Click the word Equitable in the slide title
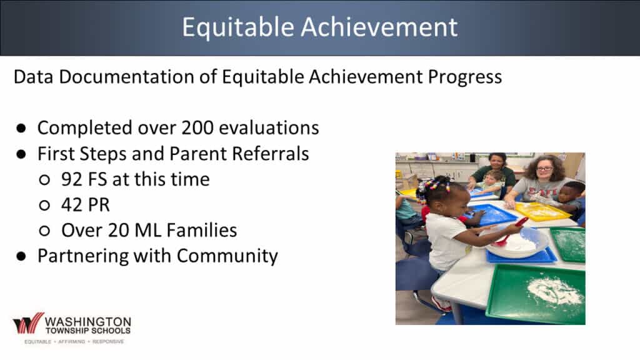(238, 27)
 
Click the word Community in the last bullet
(227, 256)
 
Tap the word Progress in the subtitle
(465, 77)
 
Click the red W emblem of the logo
(28, 324)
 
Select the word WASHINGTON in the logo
(88, 322)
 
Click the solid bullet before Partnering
(21, 256)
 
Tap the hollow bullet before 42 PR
(44, 205)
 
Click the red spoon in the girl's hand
(511, 231)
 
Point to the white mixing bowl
(517, 243)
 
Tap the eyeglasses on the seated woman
(544, 169)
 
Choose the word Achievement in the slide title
(379, 27)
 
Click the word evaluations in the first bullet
(269, 127)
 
